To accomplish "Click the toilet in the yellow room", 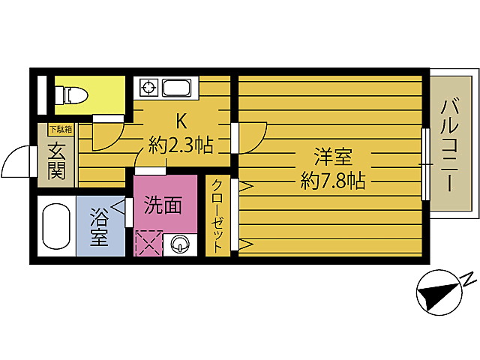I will (x=73, y=95).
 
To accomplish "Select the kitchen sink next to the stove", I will (x=177, y=88).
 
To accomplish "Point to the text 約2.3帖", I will (x=181, y=144).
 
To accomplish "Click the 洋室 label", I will (x=332, y=158).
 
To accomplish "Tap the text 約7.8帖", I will (x=332, y=180).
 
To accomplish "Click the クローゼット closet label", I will (x=217, y=217).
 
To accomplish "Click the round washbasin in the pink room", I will (x=181, y=243).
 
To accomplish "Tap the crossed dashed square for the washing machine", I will (x=148, y=243).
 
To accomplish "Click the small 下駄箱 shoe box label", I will (x=61, y=129).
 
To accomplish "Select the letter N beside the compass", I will (x=467, y=279).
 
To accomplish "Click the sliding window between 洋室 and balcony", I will (x=425, y=163).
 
